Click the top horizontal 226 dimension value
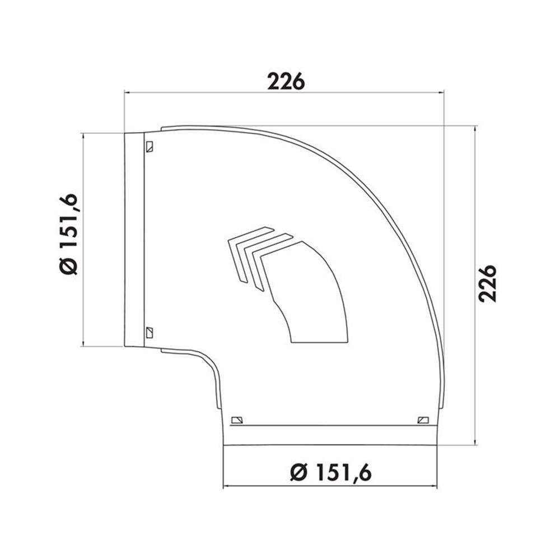coord(286,81)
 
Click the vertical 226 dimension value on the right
coord(488,283)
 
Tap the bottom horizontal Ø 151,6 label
coord(331,472)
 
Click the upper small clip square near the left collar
coord(150,146)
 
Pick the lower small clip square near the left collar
coord(150,333)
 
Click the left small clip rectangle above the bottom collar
coord(237,419)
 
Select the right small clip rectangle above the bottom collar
coord(423,419)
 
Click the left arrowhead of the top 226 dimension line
coord(127,92)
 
